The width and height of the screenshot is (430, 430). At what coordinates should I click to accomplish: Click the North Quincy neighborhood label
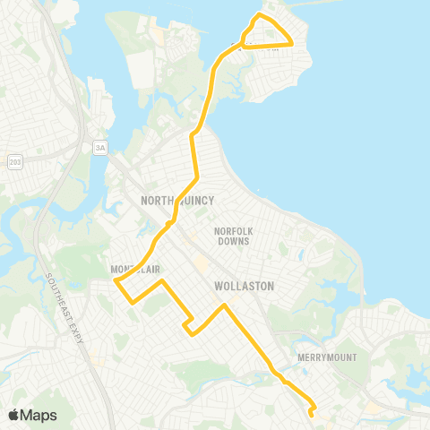[x=177, y=201]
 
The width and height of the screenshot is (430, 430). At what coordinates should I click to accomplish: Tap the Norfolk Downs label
[x=235, y=236]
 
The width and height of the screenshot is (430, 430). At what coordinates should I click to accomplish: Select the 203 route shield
[x=13, y=161]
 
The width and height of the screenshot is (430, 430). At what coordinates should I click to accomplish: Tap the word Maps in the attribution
[x=39, y=415]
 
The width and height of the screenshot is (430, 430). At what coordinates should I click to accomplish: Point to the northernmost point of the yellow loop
[x=260, y=14]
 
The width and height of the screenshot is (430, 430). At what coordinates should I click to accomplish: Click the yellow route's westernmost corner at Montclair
[x=116, y=281]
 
